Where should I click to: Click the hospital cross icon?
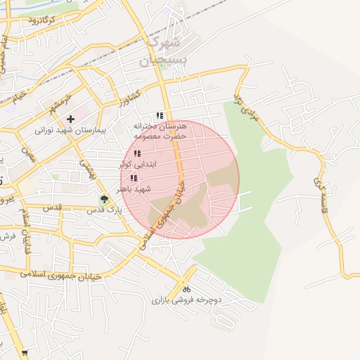click(x=70, y=119)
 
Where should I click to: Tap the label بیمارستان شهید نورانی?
click(x=70, y=130)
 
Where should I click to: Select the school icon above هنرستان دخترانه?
click(x=160, y=115)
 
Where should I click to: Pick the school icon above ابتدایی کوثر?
click(x=136, y=153)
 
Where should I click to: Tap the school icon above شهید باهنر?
click(x=134, y=179)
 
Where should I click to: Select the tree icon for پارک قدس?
click(x=104, y=199)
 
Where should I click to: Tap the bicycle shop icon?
click(x=186, y=289)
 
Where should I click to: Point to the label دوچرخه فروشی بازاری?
click(x=186, y=300)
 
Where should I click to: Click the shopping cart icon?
click(x=25, y=353)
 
